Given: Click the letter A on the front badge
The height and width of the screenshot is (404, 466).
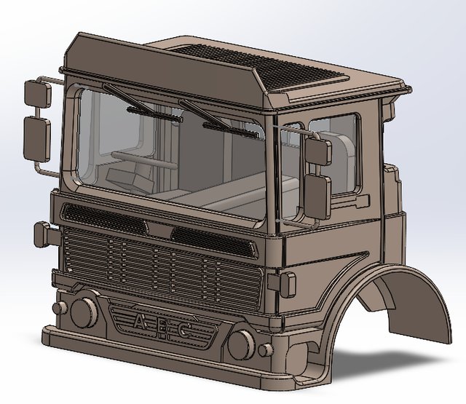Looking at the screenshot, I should point(139,321).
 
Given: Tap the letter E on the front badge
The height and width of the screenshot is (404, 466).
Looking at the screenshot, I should point(163,327).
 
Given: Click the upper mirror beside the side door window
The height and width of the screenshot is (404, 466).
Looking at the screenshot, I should point(318,151).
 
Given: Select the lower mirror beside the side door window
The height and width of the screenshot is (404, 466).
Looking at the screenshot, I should point(317,193).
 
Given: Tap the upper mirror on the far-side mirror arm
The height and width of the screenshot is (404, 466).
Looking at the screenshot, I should point(35,93).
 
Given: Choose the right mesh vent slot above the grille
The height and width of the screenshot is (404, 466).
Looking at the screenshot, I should point(213,239).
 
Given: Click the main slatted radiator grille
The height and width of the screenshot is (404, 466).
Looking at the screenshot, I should point(160,266).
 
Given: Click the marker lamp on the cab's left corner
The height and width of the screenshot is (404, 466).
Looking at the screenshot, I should point(43,234).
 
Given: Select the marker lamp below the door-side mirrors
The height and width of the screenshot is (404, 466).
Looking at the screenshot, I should point(285,284).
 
